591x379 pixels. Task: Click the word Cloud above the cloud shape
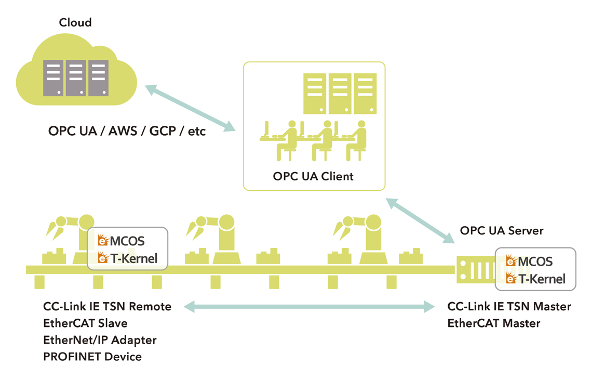[75, 22]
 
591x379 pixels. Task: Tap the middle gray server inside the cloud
[76, 78]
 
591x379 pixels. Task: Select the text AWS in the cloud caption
[123, 131]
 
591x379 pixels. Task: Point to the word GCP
[163, 131]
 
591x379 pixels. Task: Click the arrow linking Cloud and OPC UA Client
[191, 108]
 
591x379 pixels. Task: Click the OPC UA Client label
[313, 176]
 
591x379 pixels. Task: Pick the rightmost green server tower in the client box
[365, 94]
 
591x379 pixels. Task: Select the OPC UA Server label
[502, 231]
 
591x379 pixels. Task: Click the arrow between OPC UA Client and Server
[421, 221]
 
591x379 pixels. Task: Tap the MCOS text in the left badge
[127, 241]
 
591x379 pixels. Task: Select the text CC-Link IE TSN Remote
[108, 307]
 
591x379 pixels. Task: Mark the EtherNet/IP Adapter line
[100, 340]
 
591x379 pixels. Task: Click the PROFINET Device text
[93, 357]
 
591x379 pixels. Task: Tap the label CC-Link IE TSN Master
[509, 307]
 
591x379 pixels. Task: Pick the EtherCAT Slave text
[86, 323]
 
